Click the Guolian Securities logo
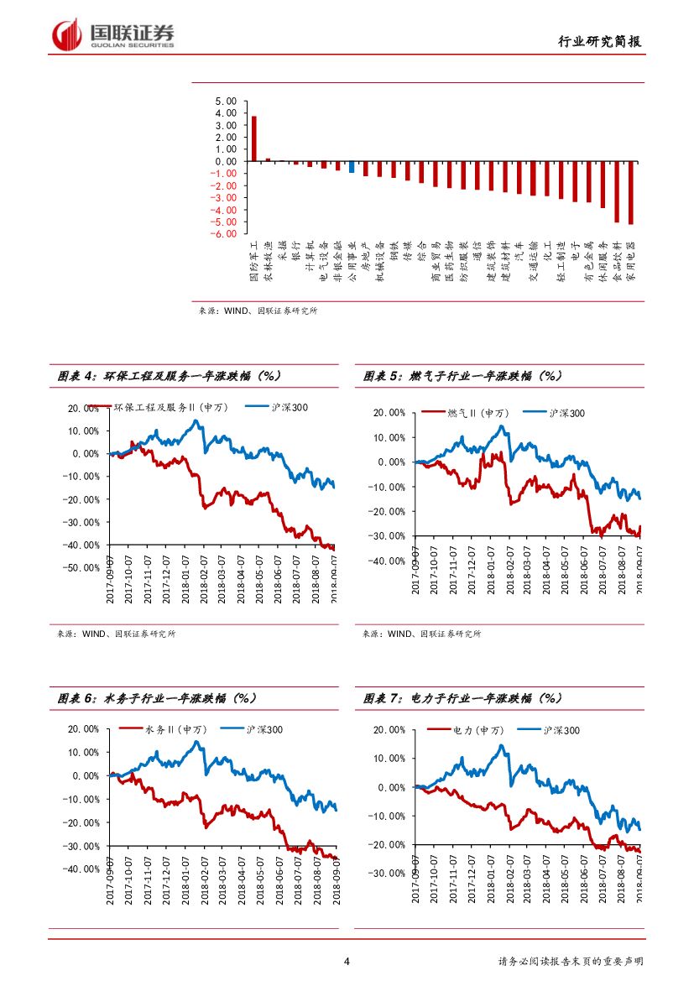[113, 34]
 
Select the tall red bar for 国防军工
[254, 138]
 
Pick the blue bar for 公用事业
[352, 167]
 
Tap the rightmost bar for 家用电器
[631, 192]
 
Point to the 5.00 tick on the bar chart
[225, 101]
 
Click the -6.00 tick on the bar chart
[223, 234]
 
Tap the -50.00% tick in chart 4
[81, 567]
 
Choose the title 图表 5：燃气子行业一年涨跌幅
[462, 377]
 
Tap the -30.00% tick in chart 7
[388, 873]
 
